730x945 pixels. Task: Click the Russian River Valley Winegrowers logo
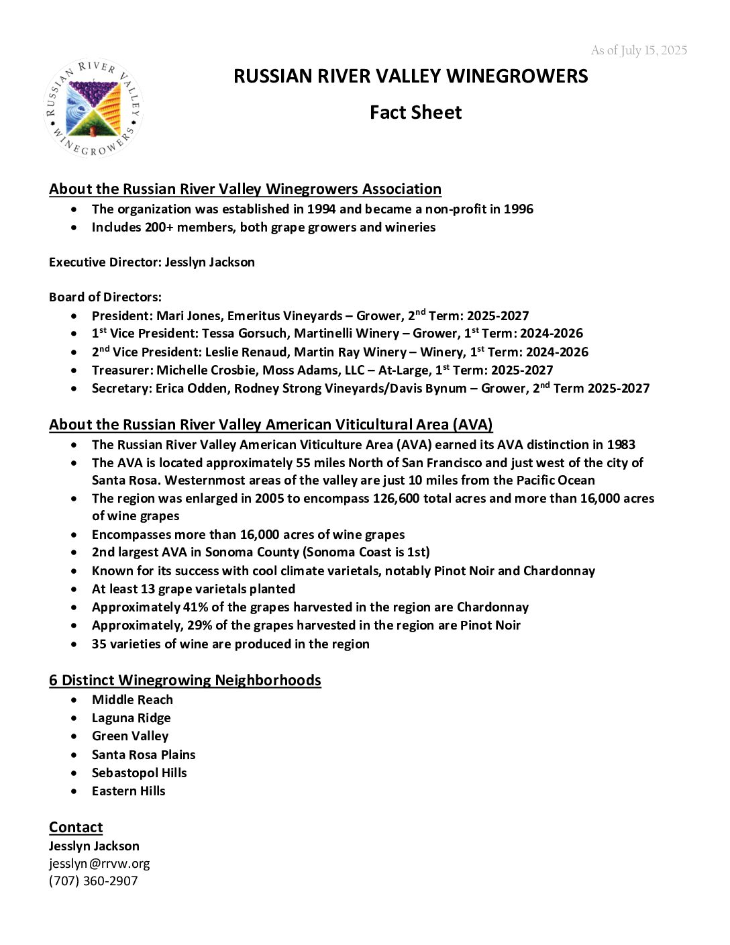[93, 109]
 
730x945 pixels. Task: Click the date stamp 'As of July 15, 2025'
[639, 50]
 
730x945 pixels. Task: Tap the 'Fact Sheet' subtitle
[415, 112]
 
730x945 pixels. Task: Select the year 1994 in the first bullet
[321, 209]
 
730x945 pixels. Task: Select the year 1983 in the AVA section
[621, 444]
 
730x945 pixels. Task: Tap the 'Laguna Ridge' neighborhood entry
[131, 717]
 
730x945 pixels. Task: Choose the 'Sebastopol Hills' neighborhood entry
[139, 773]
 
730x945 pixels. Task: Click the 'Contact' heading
[76, 827]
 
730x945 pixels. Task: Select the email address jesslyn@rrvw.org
[99, 863]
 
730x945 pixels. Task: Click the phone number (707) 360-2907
[93, 881]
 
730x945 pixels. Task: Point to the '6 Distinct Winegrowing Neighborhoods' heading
[185, 680]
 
